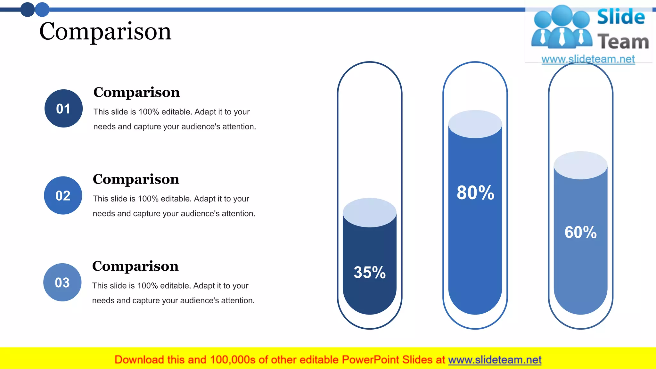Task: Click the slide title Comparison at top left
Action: click(x=105, y=32)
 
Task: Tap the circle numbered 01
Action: click(x=63, y=109)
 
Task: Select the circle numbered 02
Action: click(x=63, y=195)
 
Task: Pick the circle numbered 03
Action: click(x=62, y=283)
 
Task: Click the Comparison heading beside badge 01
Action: click(x=136, y=92)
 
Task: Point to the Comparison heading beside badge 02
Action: click(x=136, y=179)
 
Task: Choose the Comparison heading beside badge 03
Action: click(x=135, y=266)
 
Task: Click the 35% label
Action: click(x=369, y=272)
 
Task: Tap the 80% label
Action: click(x=475, y=193)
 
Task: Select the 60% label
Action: click(x=580, y=232)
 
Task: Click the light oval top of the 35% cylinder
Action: click(x=370, y=212)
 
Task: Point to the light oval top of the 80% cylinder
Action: click(x=475, y=124)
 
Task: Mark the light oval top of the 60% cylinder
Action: click(x=580, y=165)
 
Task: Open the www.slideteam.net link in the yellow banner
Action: click(x=495, y=360)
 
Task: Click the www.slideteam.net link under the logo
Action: click(x=588, y=59)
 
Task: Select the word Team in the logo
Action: click(x=623, y=42)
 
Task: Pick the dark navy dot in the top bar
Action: click(x=28, y=10)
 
